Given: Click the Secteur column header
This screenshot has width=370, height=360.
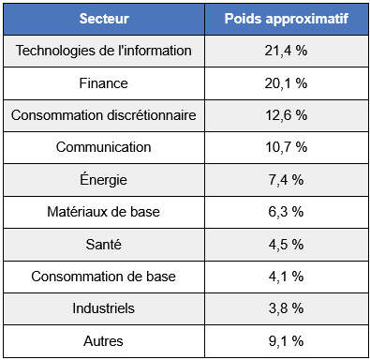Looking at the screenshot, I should pyautogui.click(x=103, y=19).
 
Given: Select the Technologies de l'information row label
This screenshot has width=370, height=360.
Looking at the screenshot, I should pyautogui.click(x=103, y=51).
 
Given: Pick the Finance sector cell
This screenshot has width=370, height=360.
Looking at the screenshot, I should pyautogui.click(x=103, y=83).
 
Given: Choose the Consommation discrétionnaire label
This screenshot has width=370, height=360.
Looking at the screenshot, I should pyautogui.click(x=103, y=115).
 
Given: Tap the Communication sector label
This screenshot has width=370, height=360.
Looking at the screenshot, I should pyautogui.click(x=103, y=147).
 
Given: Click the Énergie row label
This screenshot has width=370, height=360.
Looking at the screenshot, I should pyautogui.click(x=103, y=179).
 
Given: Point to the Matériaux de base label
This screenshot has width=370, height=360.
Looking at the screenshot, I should pyautogui.click(x=103, y=212).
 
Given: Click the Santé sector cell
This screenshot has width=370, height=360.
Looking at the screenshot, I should pyautogui.click(x=103, y=244).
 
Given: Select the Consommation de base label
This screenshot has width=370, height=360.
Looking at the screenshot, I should pyautogui.click(x=103, y=276).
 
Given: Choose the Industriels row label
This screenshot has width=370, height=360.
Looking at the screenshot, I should pyautogui.click(x=103, y=308).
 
